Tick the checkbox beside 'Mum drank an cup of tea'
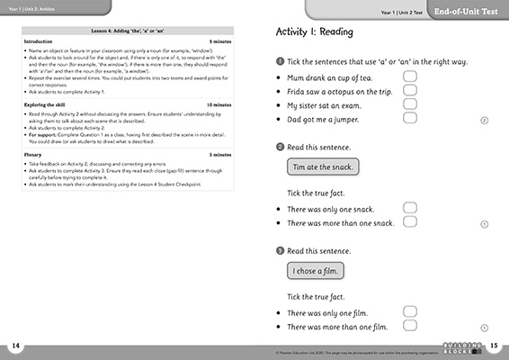click(410, 77)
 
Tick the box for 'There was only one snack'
click(410, 208)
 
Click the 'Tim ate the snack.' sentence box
click(322, 166)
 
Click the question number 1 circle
click(280, 60)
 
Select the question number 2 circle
click(280, 146)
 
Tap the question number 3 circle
click(280, 249)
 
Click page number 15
click(494, 346)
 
